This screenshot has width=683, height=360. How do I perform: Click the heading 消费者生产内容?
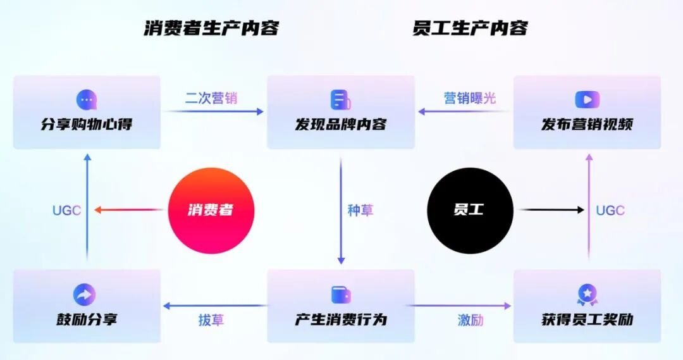tap(211, 28)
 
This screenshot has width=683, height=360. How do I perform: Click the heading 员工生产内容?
tap(470, 28)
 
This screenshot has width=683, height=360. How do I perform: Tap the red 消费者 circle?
tap(211, 211)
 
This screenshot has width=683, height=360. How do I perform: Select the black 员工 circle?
tap(470, 210)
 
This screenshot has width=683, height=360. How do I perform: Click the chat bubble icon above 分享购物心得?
tap(87, 100)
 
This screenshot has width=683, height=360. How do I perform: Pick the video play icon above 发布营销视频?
tap(587, 99)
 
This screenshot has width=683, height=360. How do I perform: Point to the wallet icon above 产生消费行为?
tap(341, 295)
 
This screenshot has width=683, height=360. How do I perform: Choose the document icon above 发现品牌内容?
tap(340, 100)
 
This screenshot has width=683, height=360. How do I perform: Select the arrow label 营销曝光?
tap(470, 99)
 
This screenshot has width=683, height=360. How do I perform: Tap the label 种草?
tap(360, 211)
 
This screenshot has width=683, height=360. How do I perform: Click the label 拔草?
tap(211, 320)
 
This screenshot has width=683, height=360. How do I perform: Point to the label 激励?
tap(471, 320)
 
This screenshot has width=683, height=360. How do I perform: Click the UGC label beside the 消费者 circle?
tap(67, 211)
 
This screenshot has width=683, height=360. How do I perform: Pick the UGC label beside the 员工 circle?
tap(610, 211)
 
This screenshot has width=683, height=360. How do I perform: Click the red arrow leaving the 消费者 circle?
tap(130, 210)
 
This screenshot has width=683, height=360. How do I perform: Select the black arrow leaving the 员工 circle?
tap(550, 209)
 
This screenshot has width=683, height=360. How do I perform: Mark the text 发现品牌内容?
tap(340, 124)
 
